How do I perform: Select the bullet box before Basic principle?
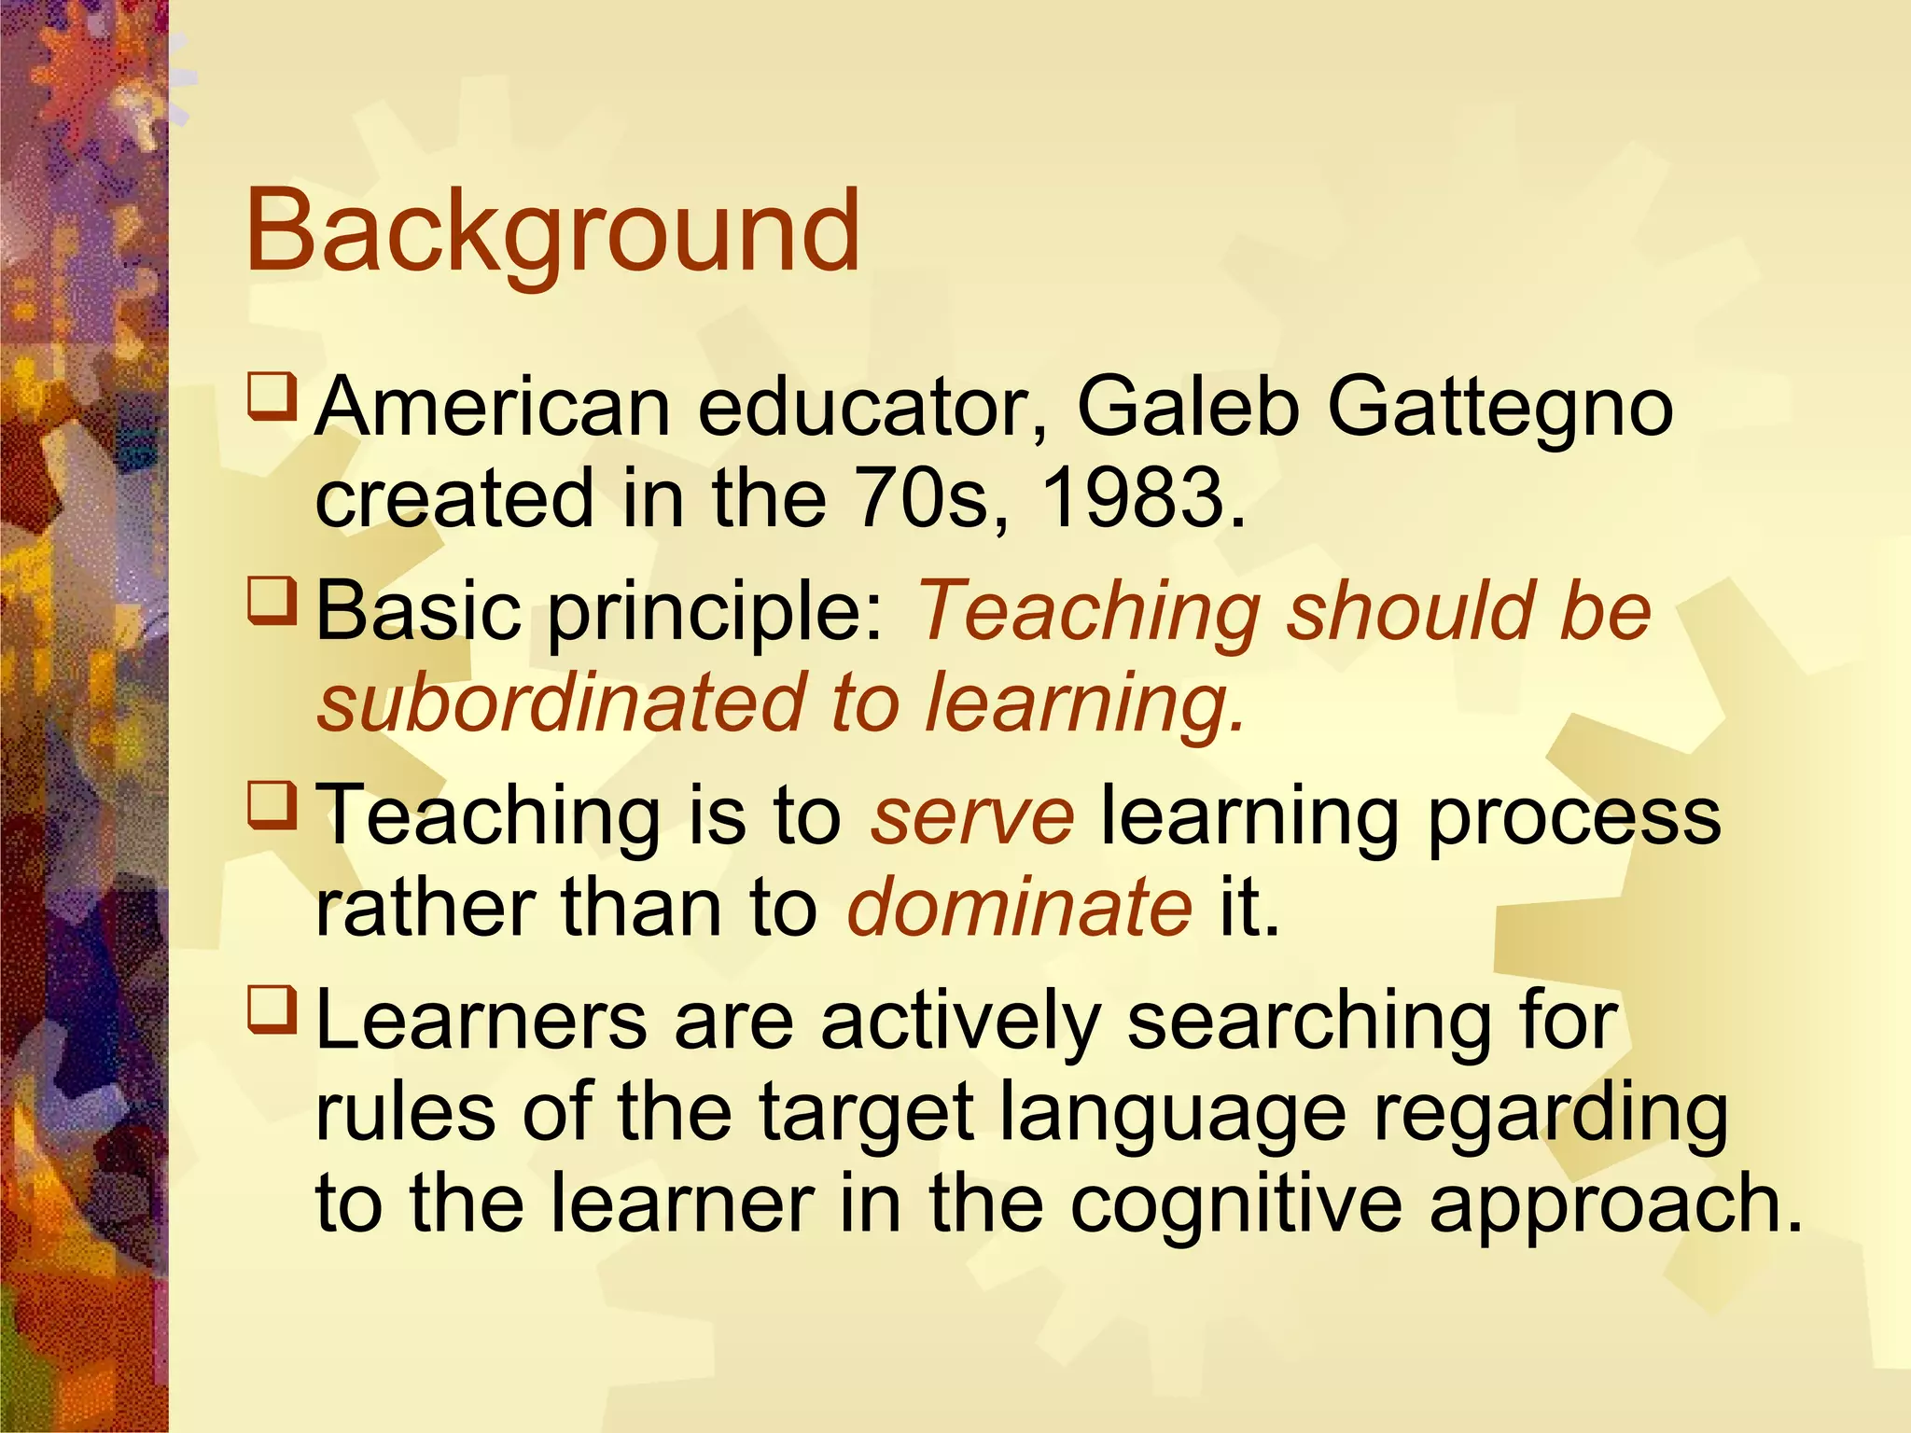(272, 601)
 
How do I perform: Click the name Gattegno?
(1500, 409)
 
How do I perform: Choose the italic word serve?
(971, 816)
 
